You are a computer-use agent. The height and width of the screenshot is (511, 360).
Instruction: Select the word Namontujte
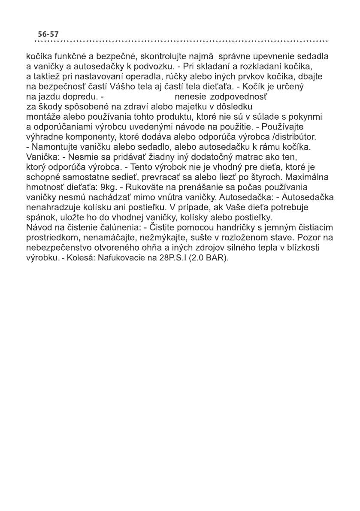pyautogui.click(x=53, y=147)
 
